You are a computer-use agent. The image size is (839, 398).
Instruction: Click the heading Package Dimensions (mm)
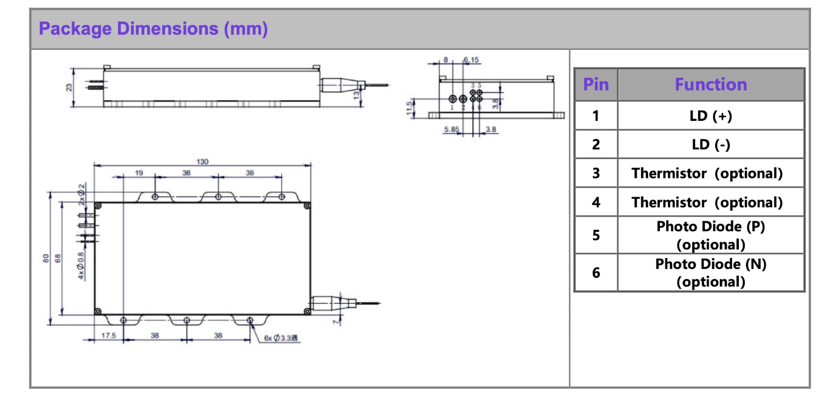[153, 29]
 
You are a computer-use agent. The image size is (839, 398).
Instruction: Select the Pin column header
[596, 85]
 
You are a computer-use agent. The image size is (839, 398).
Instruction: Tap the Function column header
[710, 85]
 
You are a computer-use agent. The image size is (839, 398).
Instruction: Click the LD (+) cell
[710, 116]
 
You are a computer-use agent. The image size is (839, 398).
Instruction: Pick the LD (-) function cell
[710, 145]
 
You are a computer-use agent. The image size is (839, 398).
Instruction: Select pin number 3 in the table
[596, 173]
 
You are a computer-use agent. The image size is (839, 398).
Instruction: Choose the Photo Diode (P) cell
[710, 235]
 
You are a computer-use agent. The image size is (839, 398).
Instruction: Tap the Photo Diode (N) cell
[710, 272]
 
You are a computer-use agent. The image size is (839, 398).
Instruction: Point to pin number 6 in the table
[596, 272]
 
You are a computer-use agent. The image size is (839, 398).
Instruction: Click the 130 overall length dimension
[202, 162]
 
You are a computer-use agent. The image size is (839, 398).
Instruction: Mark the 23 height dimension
[69, 87]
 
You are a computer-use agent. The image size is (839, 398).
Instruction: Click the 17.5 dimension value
[108, 335]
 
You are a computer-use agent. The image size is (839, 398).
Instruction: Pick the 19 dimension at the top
[139, 173]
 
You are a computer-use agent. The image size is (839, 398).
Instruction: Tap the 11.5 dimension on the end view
[410, 107]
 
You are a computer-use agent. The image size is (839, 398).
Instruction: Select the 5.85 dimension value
[452, 130]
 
